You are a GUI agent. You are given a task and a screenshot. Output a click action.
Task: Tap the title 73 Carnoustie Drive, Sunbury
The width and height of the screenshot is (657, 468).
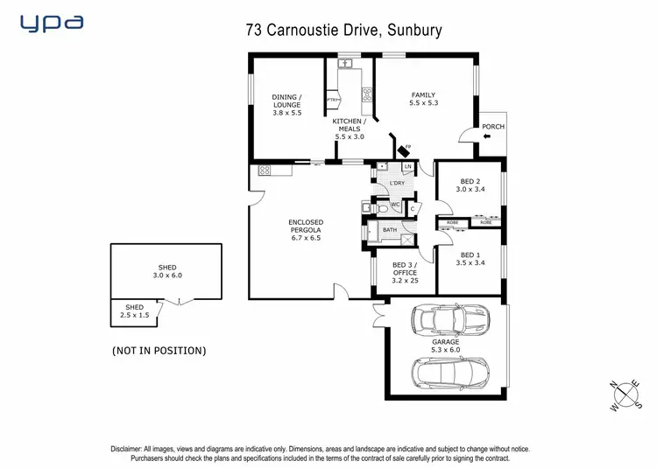click(x=343, y=31)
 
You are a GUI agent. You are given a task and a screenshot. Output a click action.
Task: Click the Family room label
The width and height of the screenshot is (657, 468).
click(x=422, y=99)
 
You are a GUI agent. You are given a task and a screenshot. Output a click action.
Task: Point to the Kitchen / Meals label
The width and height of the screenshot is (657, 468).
click(x=349, y=130)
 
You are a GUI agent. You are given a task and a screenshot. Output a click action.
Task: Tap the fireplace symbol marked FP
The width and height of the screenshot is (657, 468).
click(x=402, y=150)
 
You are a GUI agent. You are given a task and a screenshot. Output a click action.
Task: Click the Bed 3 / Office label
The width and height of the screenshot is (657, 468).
click(x=405, y=274)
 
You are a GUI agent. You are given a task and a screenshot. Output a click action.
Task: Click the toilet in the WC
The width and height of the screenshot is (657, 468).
click(x=370, y=207)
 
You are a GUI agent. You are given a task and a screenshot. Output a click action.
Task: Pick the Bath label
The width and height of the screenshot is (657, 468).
click(x=390, y=230)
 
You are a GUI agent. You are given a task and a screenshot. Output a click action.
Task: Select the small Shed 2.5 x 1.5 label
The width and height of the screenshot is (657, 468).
click(x=134, y=311)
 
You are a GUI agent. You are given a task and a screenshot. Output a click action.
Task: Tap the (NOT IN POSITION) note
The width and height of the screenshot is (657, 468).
click(x=159, y=351)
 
